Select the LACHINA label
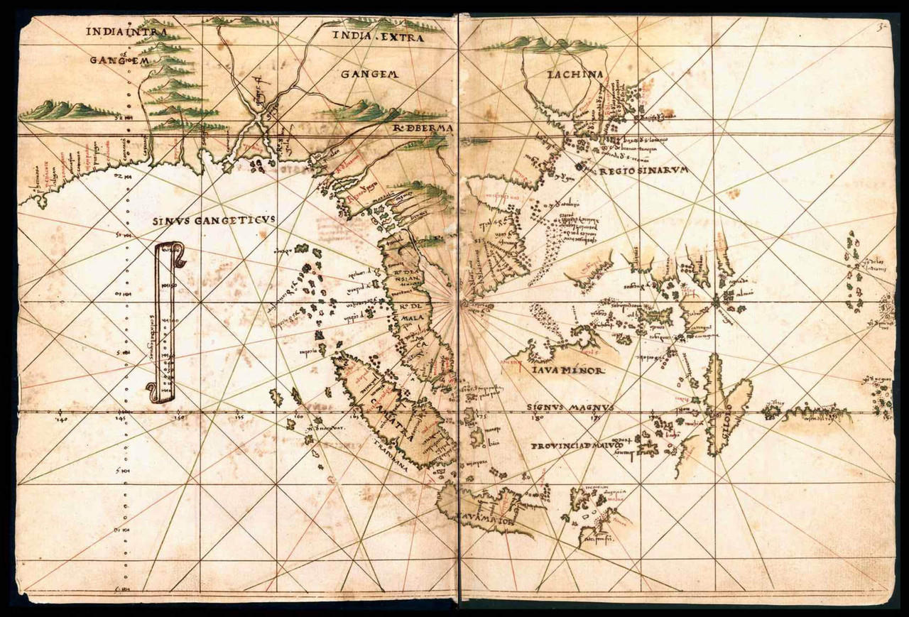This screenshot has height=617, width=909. tap(575, 75)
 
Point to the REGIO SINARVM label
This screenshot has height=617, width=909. tap(643, 171)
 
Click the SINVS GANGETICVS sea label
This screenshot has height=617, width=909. tap(214, 221)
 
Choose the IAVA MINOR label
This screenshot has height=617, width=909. tap(566, 371)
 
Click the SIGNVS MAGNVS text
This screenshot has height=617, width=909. tap(571, 408)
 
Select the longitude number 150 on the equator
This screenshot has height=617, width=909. tap(181, 419)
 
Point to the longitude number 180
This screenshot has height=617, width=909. tap(537, 418)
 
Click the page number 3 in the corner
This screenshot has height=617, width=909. tap(881, 28)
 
